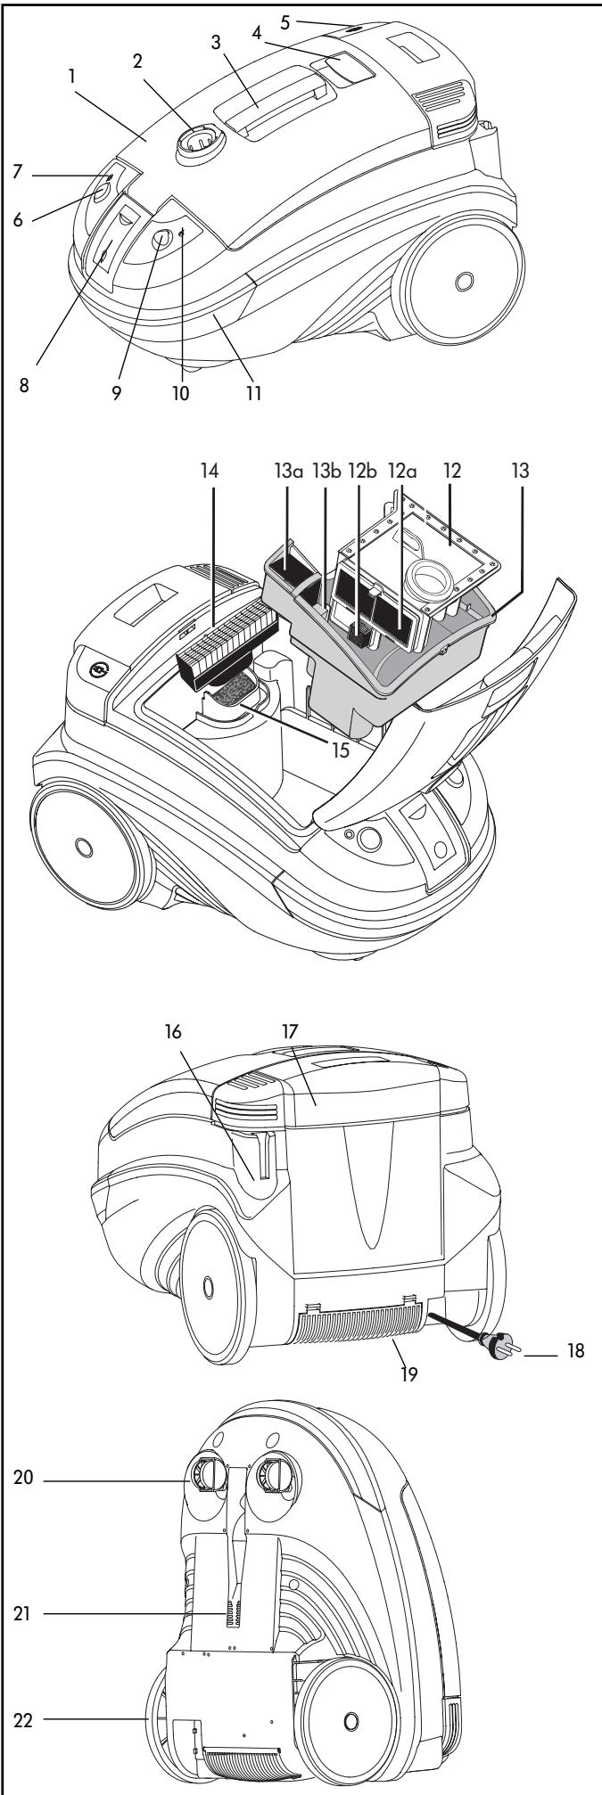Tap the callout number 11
click(x=253, y=392)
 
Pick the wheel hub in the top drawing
click(x=463, y=282)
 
